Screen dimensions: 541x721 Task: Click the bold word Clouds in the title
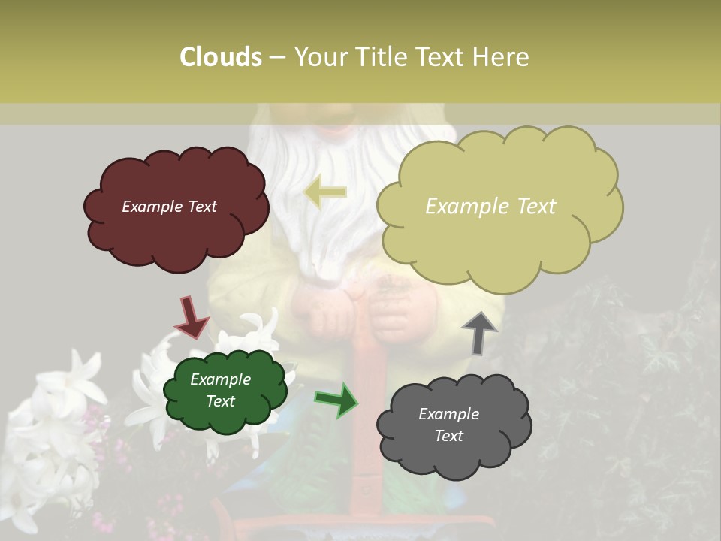pyautogui.click(x=221, y=57)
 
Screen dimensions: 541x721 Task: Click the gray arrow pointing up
pyautogui.click(x=478, y=332)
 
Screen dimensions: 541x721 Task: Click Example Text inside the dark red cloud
pyautogui.click(x=169, y=207)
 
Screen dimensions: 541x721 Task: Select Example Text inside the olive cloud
pyautogui.click(x=490, y=207)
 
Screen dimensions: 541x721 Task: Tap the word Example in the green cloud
pyautogui.click(x=220, y=379)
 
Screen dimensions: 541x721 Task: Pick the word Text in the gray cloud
pyautogui.click(x=448, y=436)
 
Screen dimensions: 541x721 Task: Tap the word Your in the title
pyautogui.click(x=324, y=57)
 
